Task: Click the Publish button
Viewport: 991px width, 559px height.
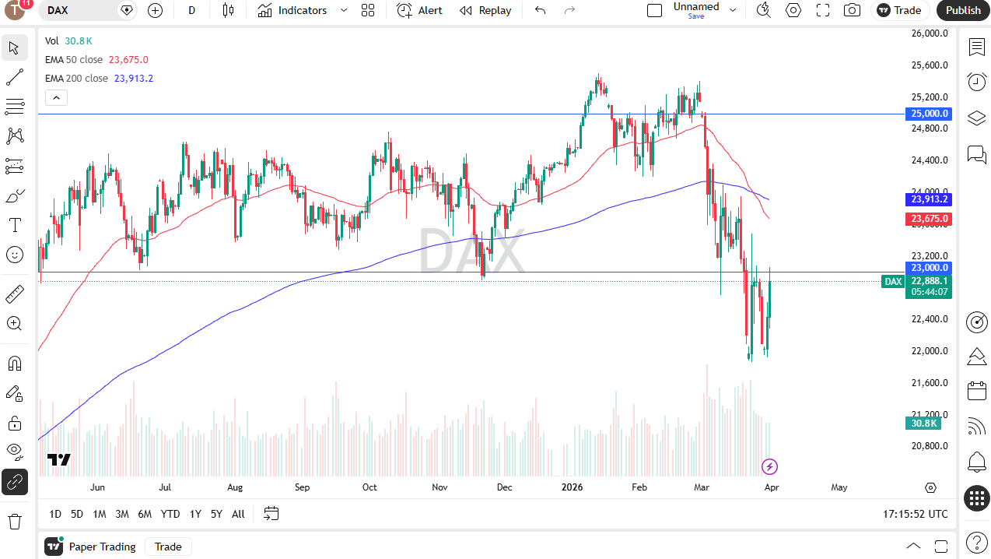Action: [963, 10]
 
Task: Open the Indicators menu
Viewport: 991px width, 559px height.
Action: [293, 10]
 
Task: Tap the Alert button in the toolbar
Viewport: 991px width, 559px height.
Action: [420, 10]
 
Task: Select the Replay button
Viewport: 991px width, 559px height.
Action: [485, 10]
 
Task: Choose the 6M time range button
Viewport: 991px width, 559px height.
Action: [145, 514]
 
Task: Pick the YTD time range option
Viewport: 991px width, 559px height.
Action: [170, 514]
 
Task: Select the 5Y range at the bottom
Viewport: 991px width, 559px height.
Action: [216, 514]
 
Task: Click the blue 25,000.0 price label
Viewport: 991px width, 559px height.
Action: [929, 114]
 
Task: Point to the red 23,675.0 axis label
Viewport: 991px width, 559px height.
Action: [929, 219]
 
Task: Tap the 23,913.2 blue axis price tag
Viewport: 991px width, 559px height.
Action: [929, 199]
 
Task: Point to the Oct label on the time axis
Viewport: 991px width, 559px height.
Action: [369, 487]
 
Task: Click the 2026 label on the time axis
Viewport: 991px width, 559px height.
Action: [572, 487]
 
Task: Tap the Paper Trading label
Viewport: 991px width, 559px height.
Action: [102, 547]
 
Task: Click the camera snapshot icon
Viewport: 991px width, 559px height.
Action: [853, 10]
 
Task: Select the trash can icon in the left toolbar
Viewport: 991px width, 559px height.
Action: [14, 521]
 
